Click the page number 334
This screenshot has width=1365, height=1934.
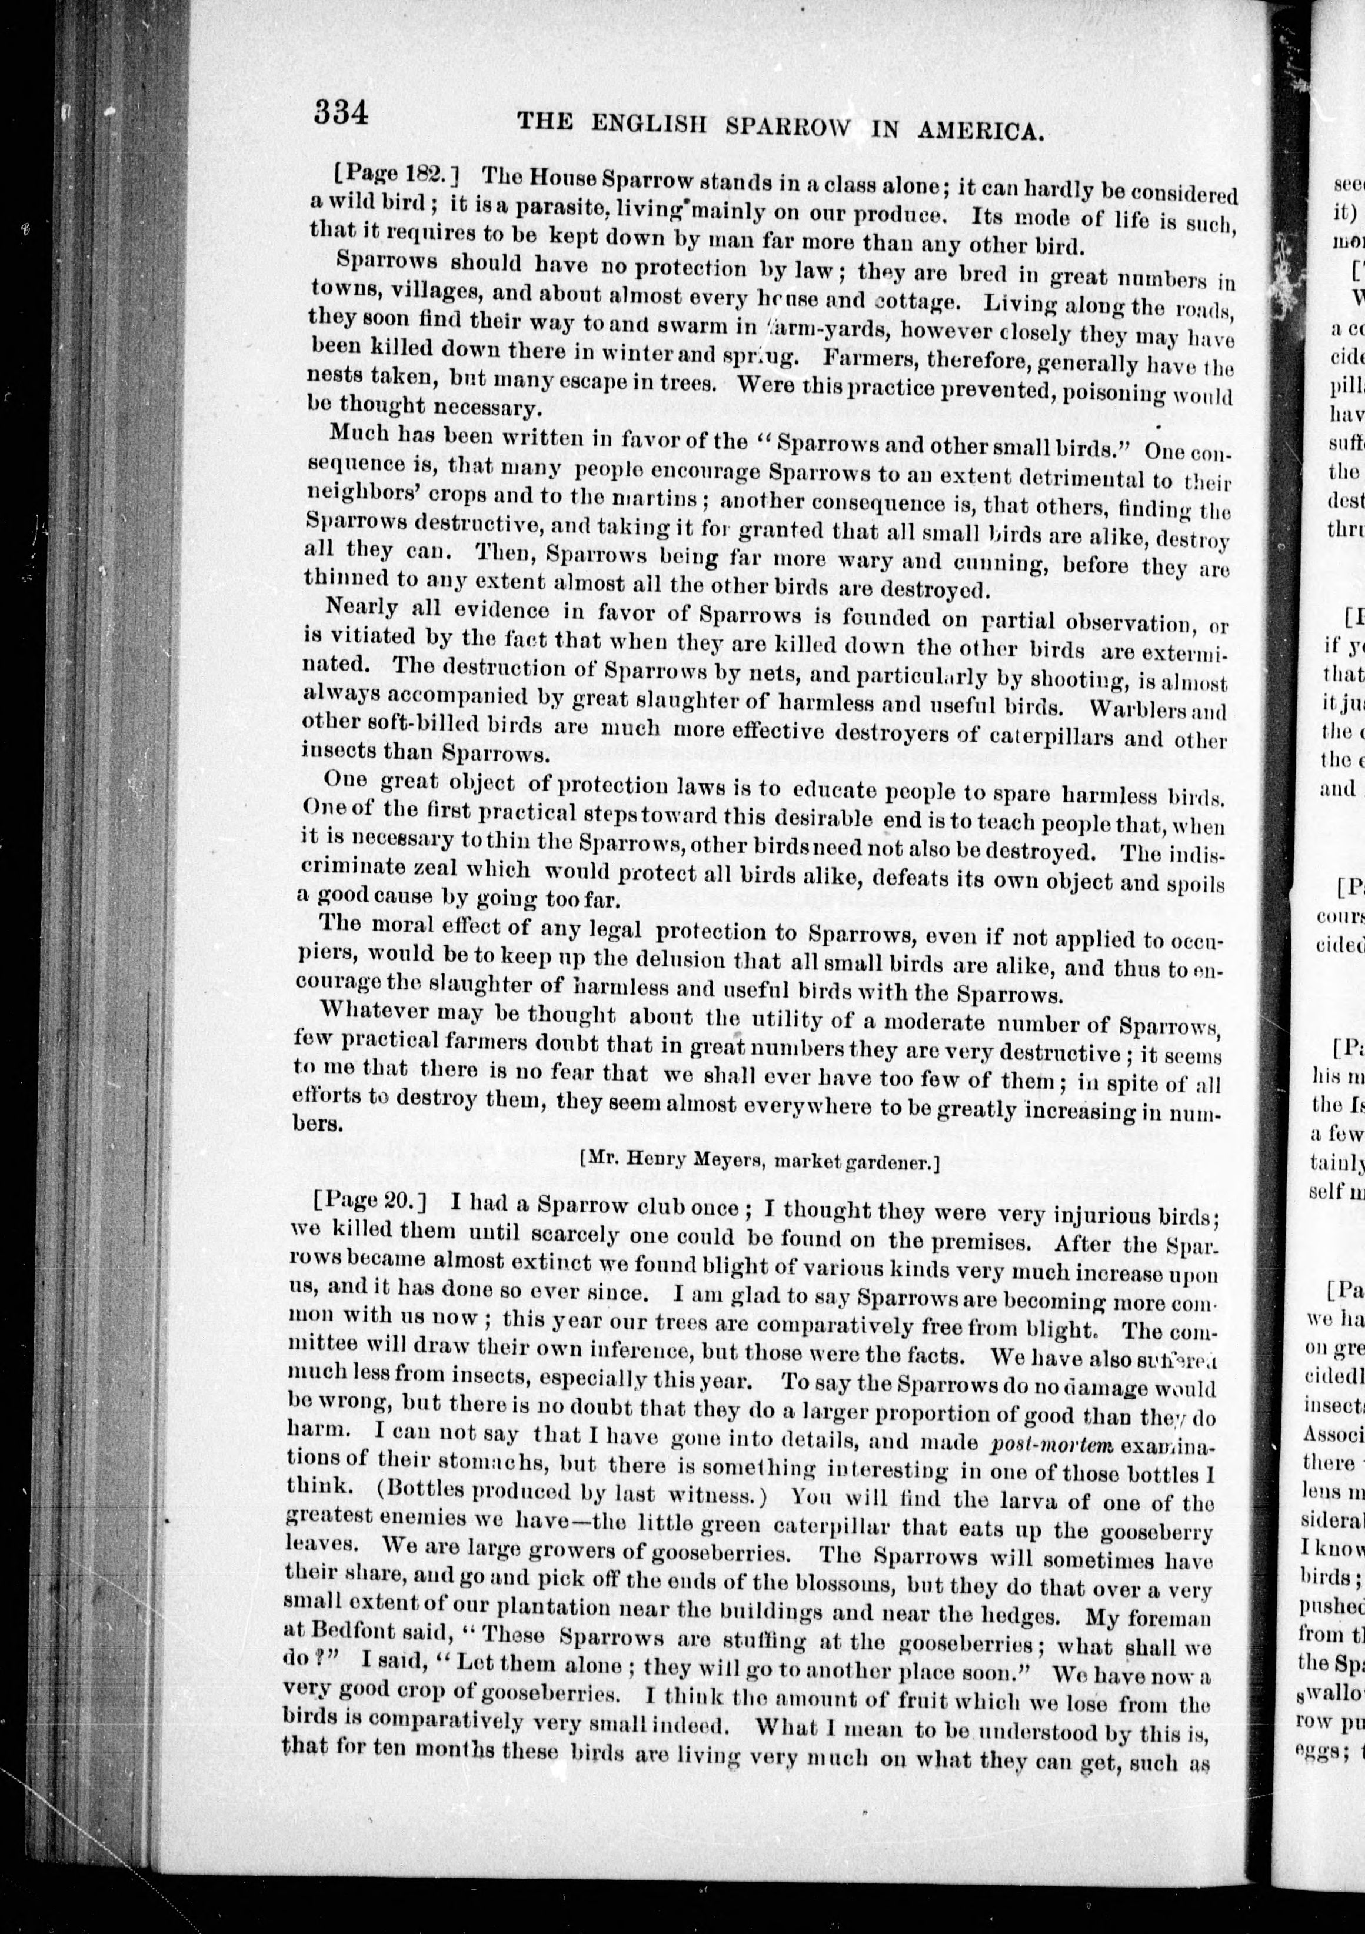point(341,112)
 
